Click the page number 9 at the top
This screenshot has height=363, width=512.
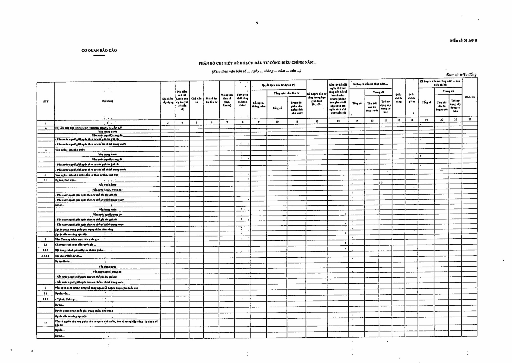pos(257,23)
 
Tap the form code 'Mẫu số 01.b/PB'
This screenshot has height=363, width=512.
pos(464,41)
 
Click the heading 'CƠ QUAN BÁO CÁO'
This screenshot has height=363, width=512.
pos(99,51)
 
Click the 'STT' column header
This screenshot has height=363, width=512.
pos(46,102)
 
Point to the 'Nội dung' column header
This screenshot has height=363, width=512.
pos(108,101)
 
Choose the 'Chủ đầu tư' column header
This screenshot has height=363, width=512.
pos(196,100)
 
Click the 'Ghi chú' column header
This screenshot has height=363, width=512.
pos(470,97)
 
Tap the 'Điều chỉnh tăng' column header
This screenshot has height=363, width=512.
pos(399,98)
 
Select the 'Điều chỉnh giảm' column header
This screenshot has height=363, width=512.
pos(411,98)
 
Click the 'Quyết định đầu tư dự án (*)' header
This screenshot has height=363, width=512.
pos(279,85)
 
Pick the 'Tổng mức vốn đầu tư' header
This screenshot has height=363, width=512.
pos(286,93)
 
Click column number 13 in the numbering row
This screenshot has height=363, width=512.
pos(338,121)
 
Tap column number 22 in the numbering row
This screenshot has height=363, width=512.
pos(470,119)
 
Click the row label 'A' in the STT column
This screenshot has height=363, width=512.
pos(46,128)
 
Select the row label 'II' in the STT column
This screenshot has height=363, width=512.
pos(46,323)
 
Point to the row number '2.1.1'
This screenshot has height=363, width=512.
pos(46,250)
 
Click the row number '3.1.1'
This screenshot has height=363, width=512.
pos(46,299)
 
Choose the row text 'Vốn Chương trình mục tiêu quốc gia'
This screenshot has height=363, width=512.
pos(77,239)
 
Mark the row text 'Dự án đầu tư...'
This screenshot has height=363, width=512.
pos(64,261)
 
